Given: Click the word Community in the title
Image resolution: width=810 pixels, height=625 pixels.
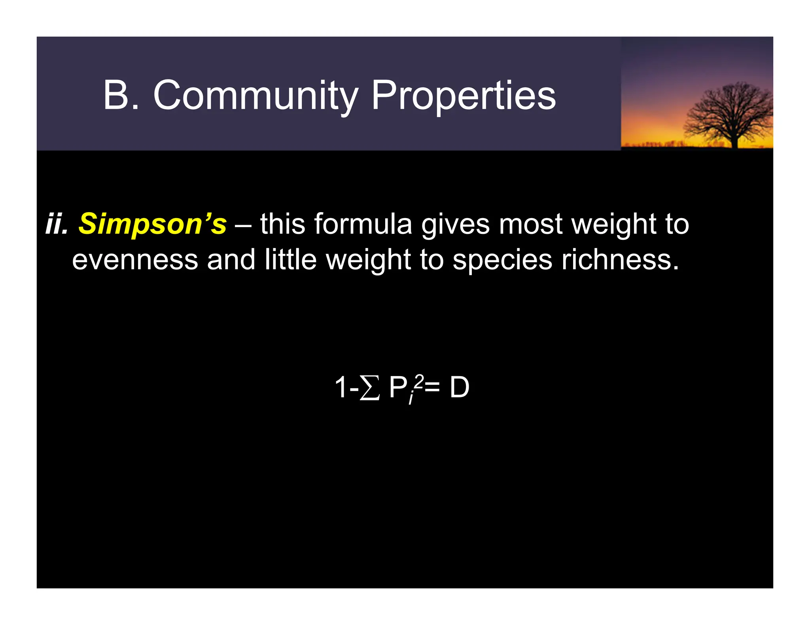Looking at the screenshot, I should pos(255,96).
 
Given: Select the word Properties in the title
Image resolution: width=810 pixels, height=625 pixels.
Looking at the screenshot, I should pos(463,96).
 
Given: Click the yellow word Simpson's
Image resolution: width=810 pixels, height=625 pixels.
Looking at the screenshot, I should pos(153,224).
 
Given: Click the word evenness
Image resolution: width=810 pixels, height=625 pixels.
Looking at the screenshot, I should pos(135,260).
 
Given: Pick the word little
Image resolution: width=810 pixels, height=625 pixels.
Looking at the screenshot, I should pos(291,260).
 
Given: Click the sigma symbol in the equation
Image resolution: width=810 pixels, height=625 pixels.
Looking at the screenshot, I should pos(370,388).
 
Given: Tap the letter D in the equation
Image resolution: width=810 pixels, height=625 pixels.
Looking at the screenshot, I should pos(460,388).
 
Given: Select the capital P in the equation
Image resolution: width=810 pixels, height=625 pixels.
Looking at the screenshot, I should pos(397,388).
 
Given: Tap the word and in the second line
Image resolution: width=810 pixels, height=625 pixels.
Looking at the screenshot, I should pos(231,260).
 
